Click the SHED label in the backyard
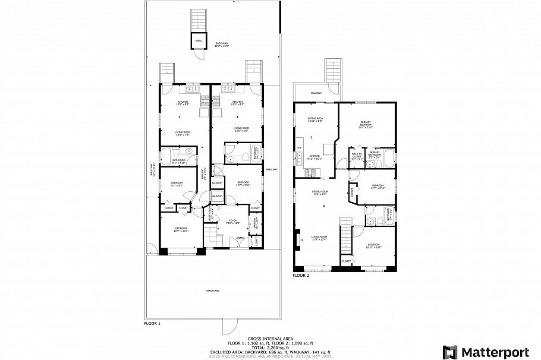198,41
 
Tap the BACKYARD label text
222,43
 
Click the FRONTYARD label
212,290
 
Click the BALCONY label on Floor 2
316,93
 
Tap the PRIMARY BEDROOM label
366,125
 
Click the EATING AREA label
314,119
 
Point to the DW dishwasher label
300,147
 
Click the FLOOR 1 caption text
152,324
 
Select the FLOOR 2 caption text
301,276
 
